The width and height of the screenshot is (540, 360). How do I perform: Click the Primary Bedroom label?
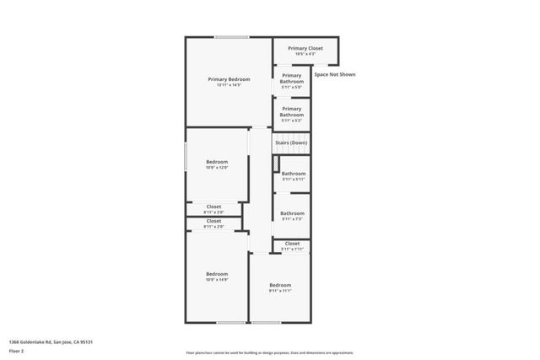tap(229, 78)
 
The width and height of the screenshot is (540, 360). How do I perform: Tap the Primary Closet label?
tap(305, 49)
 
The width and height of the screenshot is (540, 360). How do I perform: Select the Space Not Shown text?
tap(335, 74)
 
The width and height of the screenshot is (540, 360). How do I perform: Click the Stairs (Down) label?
tap(291, 143)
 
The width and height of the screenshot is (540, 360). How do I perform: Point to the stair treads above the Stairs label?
tap(291, 135)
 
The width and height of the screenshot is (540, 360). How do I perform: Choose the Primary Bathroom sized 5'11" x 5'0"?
tap(291, 78)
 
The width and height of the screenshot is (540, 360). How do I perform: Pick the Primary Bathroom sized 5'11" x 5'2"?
tap(291, 111)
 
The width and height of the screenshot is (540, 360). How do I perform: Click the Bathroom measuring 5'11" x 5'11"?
tap(293, 174)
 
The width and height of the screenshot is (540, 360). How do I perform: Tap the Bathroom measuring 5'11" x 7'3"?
tap(293, 213)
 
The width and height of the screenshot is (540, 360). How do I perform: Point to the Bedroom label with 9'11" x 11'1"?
tap(280, 286)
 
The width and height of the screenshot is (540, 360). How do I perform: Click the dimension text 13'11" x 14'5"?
tap(229, 85)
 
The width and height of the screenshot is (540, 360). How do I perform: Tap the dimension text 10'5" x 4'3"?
tap(305, 55)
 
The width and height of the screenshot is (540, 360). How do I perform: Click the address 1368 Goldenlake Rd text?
tap(50, 341)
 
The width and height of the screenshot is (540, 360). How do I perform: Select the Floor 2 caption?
tap(16, 351)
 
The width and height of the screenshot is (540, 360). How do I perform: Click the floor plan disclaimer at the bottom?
tap(269, 353)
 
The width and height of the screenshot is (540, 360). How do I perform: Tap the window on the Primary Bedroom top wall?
tap(230, 37)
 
